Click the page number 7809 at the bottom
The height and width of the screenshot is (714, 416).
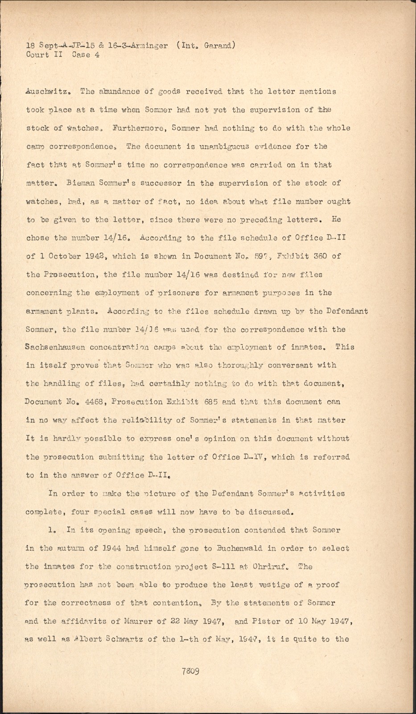(190, 671)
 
